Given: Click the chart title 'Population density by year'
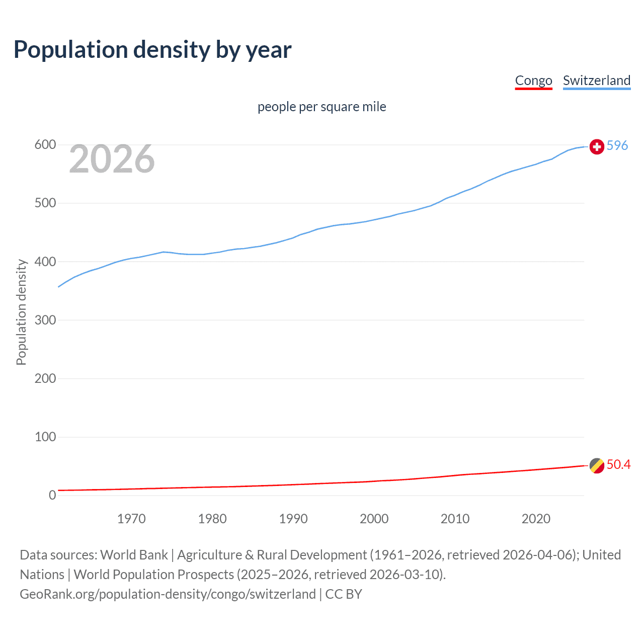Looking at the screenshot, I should click(152, 50).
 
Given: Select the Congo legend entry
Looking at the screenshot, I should click(533, 80).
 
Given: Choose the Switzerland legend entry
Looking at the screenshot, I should click(596, 80).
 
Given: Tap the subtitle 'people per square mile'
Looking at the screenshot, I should click(321, 107).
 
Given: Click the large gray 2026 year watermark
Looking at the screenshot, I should click(112, 159).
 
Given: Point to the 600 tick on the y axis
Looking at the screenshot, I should click(45, 145).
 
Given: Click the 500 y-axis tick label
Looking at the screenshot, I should click(45, 203).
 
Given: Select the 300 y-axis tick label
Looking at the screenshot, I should click(45, 320).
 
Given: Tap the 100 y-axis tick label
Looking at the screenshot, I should click(45, 437).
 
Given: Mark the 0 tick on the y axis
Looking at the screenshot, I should click(52, 495).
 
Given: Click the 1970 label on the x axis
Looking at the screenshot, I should click(131, 519).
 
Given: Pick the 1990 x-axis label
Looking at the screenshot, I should click(293, 519).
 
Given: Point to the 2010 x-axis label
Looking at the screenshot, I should click(455, 519).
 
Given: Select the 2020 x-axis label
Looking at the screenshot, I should click(536, 519).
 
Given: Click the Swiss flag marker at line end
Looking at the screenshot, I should click(597, 146).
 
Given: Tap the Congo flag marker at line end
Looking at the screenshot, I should click(597, 465).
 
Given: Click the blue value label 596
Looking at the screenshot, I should click(617, 145).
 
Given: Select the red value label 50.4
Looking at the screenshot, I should click(618, 464).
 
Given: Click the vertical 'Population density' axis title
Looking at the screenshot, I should click(21, 312).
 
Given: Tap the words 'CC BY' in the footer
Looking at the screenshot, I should click(344, 594).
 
